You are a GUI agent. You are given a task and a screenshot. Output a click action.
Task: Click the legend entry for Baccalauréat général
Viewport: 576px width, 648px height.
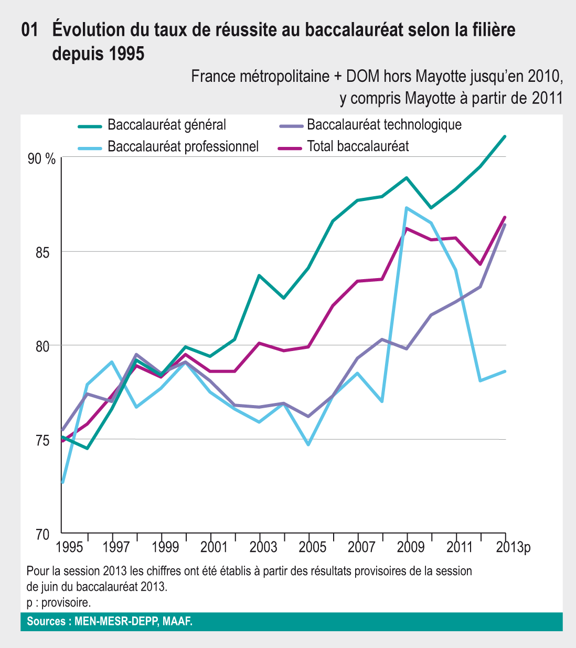tap(167, 125)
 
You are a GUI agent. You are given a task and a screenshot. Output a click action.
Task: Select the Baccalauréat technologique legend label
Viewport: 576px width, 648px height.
tap(384, 125)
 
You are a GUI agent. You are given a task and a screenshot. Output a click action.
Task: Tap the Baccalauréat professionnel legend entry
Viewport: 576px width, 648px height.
tap(183, 146)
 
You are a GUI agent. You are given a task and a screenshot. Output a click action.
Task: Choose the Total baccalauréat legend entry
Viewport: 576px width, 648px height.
tap(358, 146)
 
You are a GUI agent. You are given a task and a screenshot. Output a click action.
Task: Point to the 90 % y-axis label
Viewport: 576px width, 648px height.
tap(41, 159)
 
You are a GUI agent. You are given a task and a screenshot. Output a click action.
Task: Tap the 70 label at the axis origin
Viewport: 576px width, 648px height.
tap(42, 535)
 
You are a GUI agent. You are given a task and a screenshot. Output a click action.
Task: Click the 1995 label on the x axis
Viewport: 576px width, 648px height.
tap(69, 547)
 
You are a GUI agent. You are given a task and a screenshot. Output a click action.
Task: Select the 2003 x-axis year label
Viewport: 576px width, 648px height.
tap(263, 547)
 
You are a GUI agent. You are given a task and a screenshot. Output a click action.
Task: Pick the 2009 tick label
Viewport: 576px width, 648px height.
tap(410, 547)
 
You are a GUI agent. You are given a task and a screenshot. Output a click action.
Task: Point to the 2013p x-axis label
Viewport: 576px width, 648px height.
tap(514, 547)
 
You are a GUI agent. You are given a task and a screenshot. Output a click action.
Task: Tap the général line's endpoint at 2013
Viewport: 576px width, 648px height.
tap(505, 136)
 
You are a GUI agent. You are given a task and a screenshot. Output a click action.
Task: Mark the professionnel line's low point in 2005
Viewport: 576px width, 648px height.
tap(308, 444)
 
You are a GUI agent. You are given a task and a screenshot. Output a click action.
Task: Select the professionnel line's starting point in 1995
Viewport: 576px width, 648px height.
tap(62, 482)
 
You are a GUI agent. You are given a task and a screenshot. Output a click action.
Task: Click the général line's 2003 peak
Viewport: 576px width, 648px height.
tap(259, 275)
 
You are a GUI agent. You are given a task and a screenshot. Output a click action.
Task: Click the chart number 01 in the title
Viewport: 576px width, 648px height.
tap(30, 30)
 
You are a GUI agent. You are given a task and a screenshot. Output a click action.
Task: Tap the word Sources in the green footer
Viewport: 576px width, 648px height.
tap(46, 622)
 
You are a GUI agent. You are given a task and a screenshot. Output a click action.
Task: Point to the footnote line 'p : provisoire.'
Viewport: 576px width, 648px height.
tap(58, 602)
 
